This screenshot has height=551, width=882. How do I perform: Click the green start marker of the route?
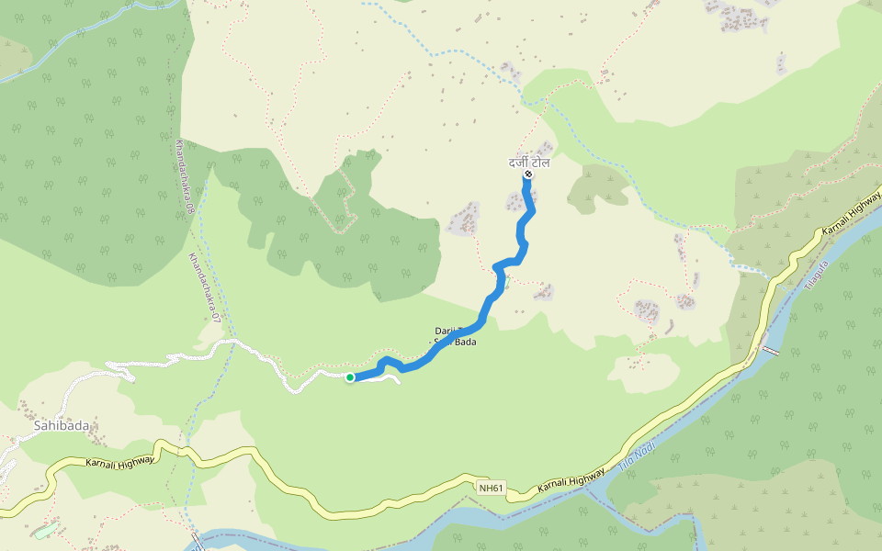click(x=350, y=377)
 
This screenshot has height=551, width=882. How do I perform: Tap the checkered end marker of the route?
click(x=528, y=174)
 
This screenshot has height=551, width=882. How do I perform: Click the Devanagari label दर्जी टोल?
click(x=529, y=163)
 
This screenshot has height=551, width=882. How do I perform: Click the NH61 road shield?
click(x=492, y=488)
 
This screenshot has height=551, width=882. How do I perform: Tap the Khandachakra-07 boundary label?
click(x=205, y=287)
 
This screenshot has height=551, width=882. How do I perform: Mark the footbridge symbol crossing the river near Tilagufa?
click(x=770, y=351)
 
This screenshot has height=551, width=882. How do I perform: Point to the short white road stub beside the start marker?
click(x=386, y=377)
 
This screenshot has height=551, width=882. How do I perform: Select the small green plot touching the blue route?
click(x=505, y=278)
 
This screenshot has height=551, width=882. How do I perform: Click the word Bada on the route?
click(x=464, y=342)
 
